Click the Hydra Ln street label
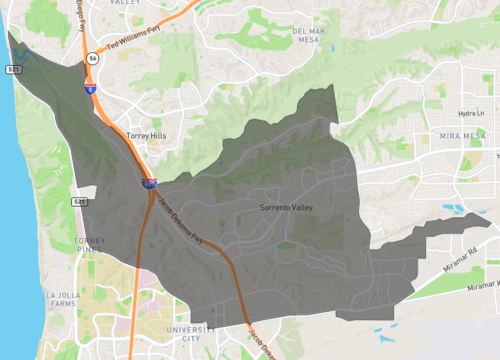(x=468, y=114)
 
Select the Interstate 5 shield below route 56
(x=90, y=89)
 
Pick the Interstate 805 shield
(x=148, y=183)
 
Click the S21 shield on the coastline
(x=11, y=69)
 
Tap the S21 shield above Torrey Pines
(x=79, y=201)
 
